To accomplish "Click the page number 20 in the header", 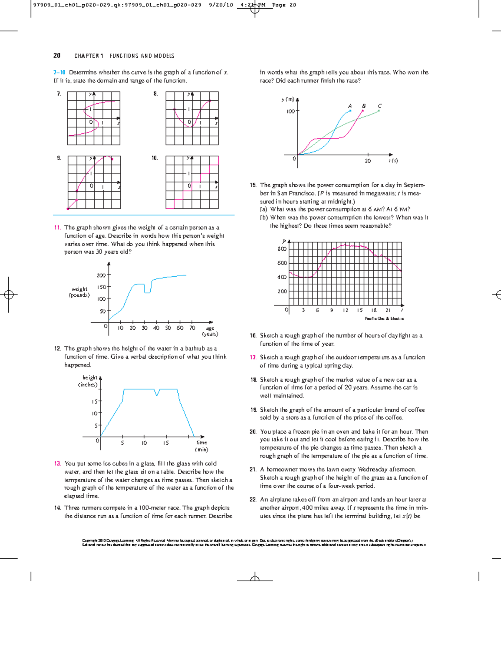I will tap(57, 56).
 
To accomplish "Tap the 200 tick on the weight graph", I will tap(101, 275).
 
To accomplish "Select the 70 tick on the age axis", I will tap(192, 328).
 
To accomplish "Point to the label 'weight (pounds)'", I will tap(79, 292).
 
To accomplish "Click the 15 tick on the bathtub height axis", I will tap(95, 402).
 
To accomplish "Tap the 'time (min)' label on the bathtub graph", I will tap(202, 446).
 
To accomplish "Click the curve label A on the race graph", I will tap(350, 106).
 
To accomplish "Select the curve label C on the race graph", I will tap(380, 106).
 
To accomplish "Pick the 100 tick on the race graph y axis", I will tap(290, 112).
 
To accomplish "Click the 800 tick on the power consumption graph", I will tap(282, 249).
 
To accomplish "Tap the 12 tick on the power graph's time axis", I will tap(346, 311).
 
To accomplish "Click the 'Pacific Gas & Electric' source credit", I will tap(384, 318).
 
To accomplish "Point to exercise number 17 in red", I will tap(253, 357).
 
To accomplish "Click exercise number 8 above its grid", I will tap(155, 94).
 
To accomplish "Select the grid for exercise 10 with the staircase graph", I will tap(192, 182).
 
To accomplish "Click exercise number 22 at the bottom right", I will tap(253, 499).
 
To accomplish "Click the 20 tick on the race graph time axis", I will tap(368, 161).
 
